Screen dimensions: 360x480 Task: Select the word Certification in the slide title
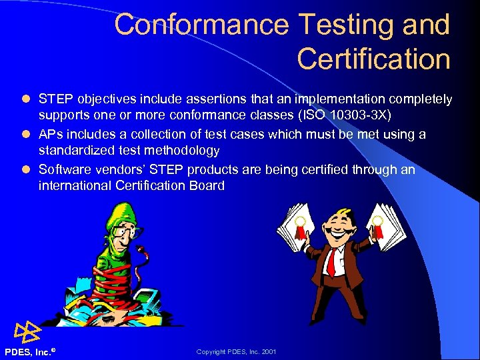373,59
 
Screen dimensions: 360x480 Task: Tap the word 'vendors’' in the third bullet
109,169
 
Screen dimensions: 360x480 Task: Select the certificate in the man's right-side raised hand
383,230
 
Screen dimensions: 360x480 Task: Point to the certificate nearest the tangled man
293,230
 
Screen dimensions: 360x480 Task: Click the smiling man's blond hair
340,214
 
